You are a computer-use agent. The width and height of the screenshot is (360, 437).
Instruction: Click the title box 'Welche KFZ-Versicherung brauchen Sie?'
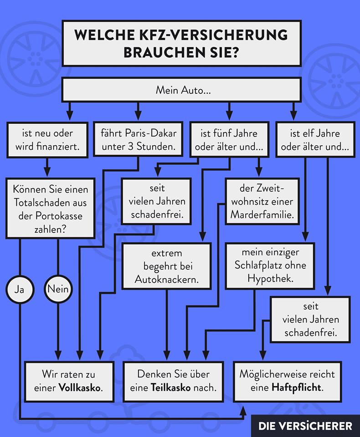click(181, 43)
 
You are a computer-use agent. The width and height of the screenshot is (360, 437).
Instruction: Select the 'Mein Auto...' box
click(181, 89)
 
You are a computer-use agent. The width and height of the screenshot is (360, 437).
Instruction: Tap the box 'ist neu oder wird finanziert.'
click(47, 140)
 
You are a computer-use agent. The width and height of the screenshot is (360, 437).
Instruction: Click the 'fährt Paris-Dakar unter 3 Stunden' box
click(138, 140)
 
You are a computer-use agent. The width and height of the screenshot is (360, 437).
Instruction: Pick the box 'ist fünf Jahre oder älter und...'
click(229, 140)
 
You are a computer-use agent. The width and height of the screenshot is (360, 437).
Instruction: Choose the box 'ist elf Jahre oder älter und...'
click(315, 140)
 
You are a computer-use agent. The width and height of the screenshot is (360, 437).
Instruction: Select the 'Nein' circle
click(58, 289)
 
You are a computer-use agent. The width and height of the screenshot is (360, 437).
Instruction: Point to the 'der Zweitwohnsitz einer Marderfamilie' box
click(262, 201)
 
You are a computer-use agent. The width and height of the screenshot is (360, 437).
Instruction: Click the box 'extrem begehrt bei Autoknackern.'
click(166, 266)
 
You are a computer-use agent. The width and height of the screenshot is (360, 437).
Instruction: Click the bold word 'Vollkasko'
click(80, 388)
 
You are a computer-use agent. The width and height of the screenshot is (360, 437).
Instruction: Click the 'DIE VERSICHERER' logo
click(305, 426)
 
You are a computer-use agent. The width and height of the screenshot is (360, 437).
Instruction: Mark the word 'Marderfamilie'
click(262, 213)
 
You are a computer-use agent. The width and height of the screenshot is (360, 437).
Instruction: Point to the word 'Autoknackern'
click(166, 279)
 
